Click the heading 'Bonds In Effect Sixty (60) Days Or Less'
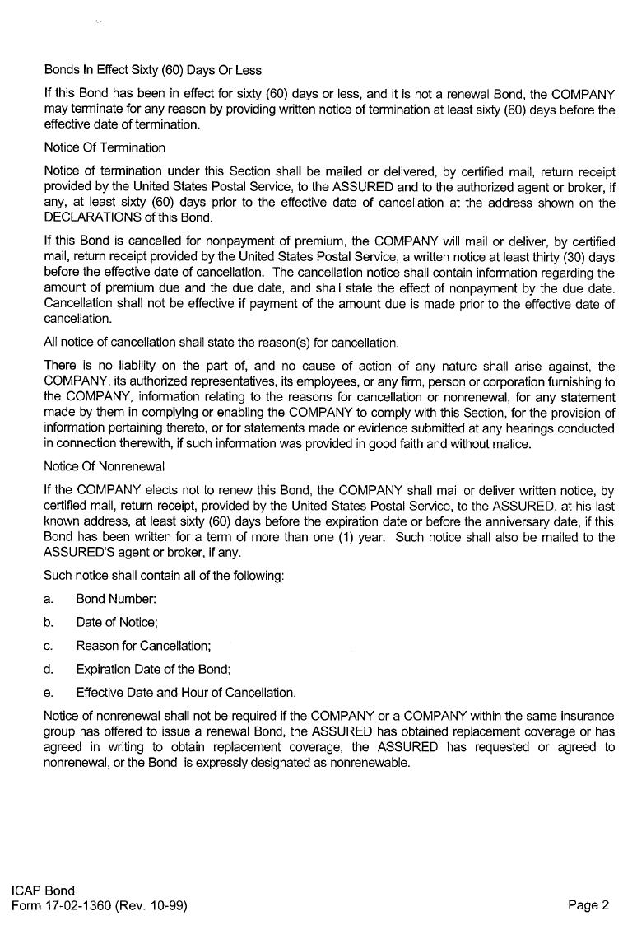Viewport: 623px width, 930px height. point(152,70)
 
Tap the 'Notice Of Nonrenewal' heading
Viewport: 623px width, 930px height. point(104,467)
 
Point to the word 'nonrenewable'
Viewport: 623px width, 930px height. point(370,763)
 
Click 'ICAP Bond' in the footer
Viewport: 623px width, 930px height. point(43,890)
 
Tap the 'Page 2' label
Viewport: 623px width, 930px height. point(588,905)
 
